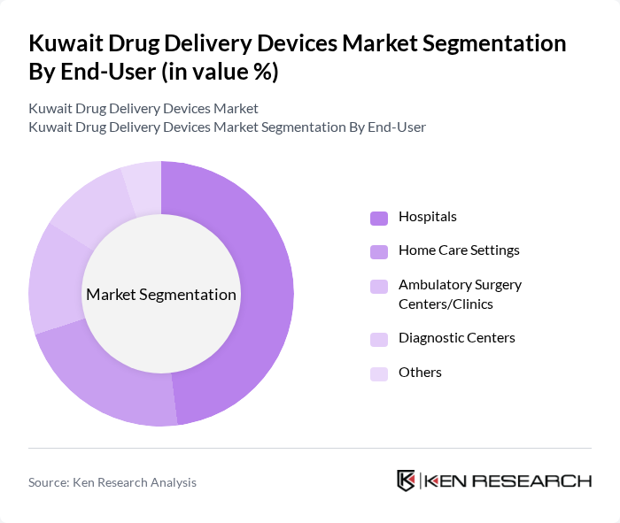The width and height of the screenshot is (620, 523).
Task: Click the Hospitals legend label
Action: pyautogui.click(x=427, y=217)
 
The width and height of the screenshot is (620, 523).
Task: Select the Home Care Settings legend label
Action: pyautogui.click(x=459, y=250)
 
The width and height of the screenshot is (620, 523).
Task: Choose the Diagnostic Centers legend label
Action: pyautogui.click(x=456, y=338)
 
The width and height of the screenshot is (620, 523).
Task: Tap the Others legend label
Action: pyautogui.click(x=420, y=373)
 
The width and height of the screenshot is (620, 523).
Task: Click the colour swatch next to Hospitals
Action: pyautogui.click(x=379, y=218)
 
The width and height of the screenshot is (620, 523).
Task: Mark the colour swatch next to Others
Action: pyautogui.click(x=379, y=373)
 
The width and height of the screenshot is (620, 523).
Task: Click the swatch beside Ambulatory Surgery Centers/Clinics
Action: pyautogui.click(x=379, y=286)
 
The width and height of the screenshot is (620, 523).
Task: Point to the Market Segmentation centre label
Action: pyautogui.click(x=161, y=295)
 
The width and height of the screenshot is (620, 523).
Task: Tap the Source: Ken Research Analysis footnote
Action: pyautogui.click(x=112, y=482)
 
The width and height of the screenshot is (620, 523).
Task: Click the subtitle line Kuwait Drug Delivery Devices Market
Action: pyautogui.click(x=143, y=109)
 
